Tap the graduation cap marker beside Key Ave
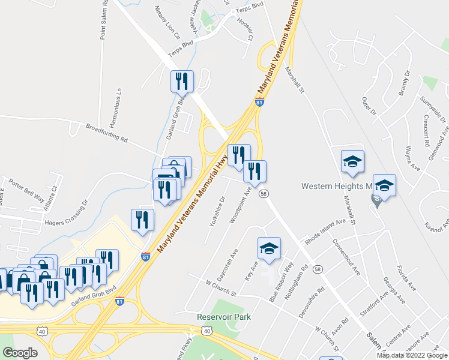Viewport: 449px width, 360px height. (x=270, y=248)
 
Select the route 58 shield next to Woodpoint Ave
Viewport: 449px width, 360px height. (x=264, y=193)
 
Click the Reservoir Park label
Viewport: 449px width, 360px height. (x=223, y=317)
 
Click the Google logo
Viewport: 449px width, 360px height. (x=20, y=353)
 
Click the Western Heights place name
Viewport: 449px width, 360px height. (x=336, y=186)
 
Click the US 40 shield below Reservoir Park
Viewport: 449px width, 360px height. (x=206, y=331)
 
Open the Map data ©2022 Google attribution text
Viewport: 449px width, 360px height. (x=412, y=355)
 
